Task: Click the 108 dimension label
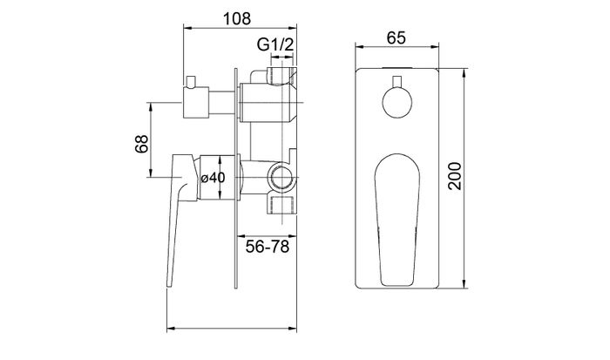coord(237,17)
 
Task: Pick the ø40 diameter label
coord(213,177)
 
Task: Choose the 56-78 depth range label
coord(267,246)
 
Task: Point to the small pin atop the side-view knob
coord(192,80)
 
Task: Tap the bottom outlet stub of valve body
coord(281,204)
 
